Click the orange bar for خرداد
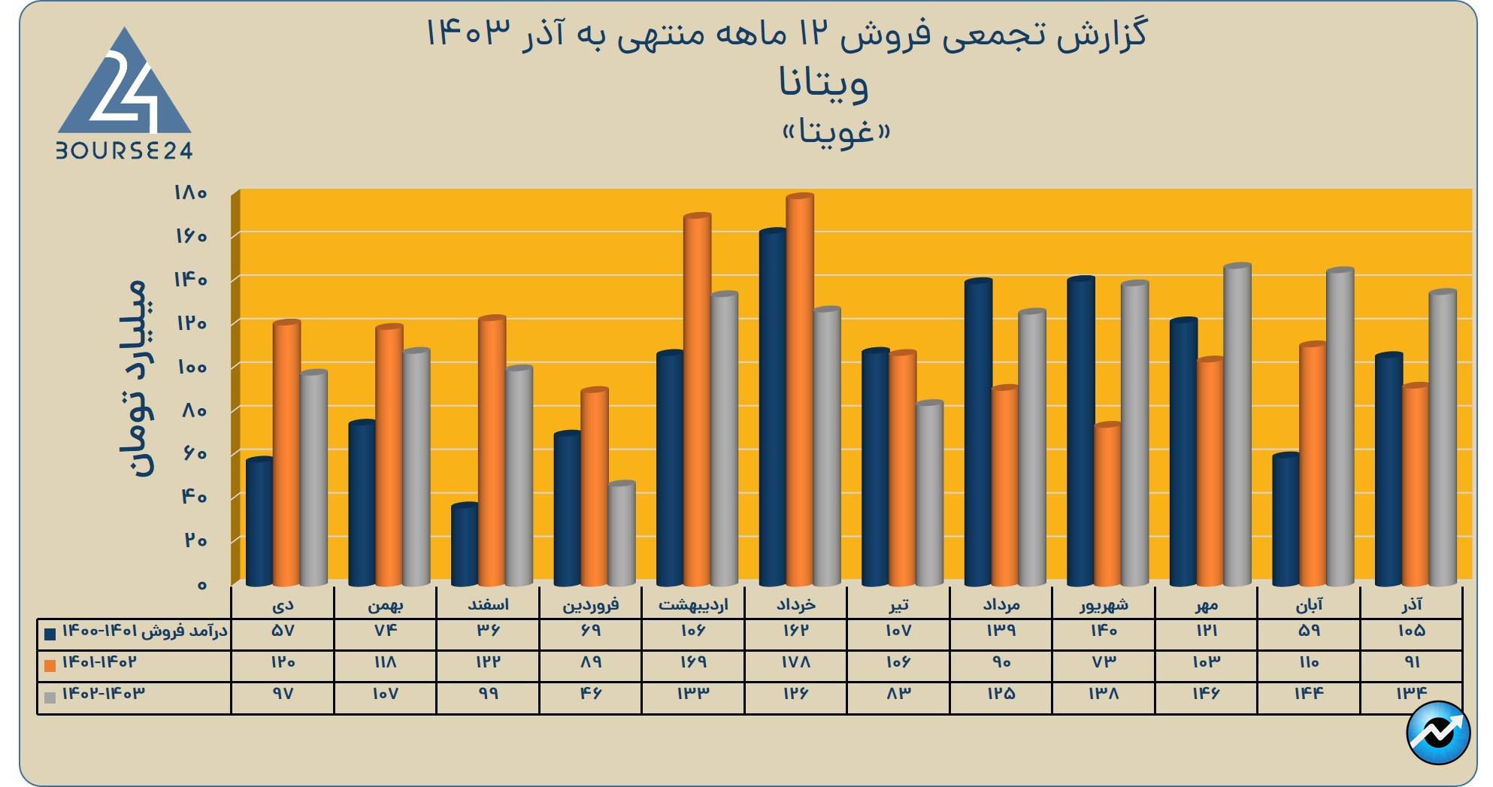800,391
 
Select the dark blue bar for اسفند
465,545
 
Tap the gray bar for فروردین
622,534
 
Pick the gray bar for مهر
1237,425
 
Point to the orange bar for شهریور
1108,504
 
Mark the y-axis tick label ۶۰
193,453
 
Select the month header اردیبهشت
693,604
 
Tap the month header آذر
1411,604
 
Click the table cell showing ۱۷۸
795,662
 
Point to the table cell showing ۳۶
488,631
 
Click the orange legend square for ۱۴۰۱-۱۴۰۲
50,665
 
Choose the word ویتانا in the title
824,83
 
